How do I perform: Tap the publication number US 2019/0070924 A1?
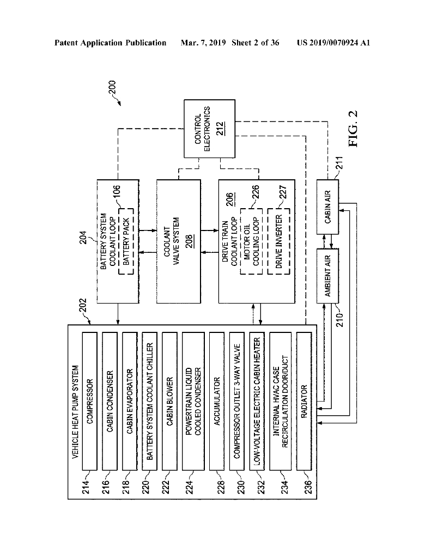[333, 43]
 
